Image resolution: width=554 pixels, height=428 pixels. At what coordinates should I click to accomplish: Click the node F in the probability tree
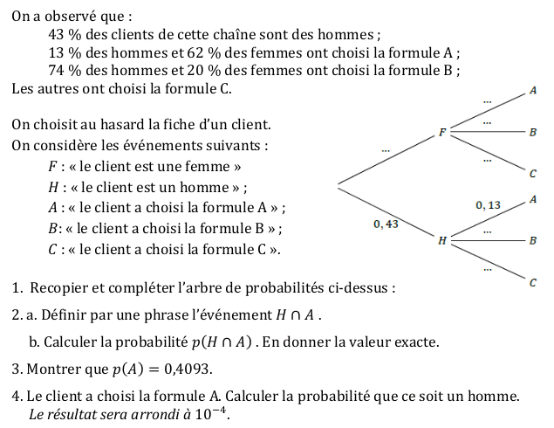point(442,132)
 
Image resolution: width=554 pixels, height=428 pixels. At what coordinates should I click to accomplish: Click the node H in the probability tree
point(441,239)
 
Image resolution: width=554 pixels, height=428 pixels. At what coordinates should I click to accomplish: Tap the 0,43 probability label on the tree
point(385,224)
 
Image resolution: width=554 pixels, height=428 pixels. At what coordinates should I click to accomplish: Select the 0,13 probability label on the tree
point(489,204)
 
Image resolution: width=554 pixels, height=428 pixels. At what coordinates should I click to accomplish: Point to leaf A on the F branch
point(533,90)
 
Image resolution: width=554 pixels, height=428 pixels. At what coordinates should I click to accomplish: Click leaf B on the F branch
point(533,132)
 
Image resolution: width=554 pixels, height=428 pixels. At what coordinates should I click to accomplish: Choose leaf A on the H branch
point(533,199)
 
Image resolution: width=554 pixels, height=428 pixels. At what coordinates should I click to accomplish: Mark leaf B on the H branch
point(533,239)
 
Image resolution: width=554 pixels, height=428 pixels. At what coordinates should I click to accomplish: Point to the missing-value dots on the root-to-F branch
point(385,151)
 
